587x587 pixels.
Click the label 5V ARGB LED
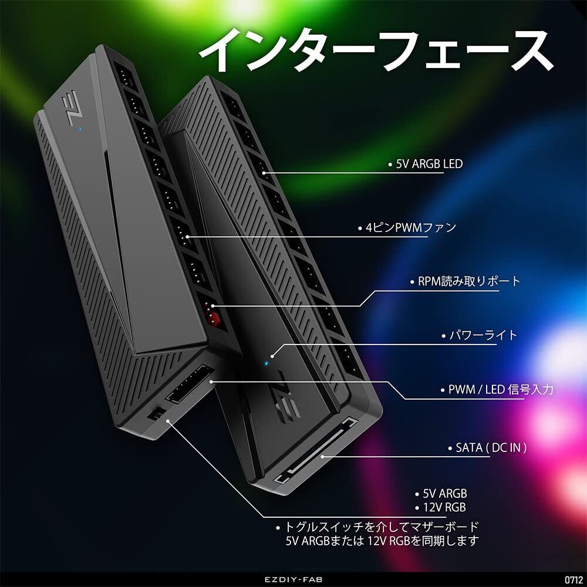426,164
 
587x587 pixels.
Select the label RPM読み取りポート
465,281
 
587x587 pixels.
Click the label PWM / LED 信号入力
500,389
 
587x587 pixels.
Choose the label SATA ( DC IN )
491,448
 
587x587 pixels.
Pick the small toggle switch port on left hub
156,414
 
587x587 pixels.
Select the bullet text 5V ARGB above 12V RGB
444,494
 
